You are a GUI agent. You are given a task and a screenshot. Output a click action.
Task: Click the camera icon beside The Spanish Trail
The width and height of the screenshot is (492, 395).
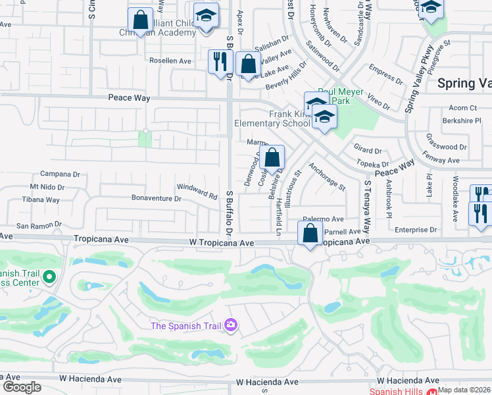point(230,325)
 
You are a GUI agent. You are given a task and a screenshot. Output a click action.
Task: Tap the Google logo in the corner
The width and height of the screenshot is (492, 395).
point(21,386)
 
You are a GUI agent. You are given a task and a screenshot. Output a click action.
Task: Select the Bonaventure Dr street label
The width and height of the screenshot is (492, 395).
point(156,198)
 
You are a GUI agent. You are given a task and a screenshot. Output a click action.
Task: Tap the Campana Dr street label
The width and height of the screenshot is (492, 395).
point(59,174)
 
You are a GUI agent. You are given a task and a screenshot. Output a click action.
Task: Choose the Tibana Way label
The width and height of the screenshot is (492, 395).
point(41,199)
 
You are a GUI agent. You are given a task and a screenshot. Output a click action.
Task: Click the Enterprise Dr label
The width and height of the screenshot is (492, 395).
point(416,230)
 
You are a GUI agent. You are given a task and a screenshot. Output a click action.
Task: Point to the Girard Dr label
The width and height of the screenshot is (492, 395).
point(367,151)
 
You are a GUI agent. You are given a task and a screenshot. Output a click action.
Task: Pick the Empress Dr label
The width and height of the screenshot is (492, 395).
point(385,74)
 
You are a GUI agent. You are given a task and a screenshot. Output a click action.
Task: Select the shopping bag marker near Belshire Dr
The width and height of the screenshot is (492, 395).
point(272,158)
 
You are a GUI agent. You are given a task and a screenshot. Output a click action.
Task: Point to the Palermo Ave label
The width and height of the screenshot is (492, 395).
point(323,219)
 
